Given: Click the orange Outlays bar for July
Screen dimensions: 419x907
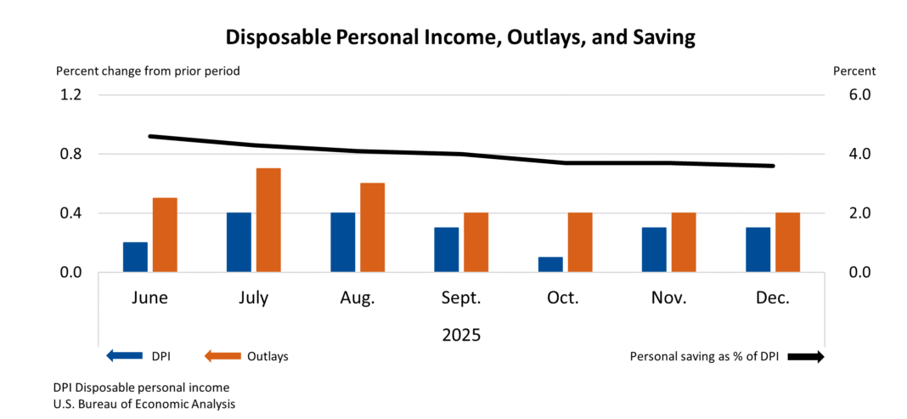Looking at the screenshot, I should (x=268, y=220).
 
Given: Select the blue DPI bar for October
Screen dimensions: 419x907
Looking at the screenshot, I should (x=550, y=264).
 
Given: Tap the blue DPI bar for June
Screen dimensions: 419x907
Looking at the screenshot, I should (x=135, y=257).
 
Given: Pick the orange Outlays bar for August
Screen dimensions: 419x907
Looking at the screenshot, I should (x=372, y=227).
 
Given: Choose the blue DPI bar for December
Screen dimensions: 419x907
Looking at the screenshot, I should (x=758, y=249).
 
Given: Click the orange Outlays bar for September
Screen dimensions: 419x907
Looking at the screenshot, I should (x=476, y=242).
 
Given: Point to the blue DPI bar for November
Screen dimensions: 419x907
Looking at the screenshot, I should (x=654, y=249).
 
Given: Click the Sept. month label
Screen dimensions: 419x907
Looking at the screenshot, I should (x=461, y=298).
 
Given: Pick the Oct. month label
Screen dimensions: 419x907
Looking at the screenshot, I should (x=563, y=298).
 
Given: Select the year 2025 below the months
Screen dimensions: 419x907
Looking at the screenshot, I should (x=461, y=335).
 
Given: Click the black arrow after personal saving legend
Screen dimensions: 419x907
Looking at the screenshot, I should (x=806, y=357).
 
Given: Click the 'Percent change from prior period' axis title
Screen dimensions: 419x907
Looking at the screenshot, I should (x=148, y=71).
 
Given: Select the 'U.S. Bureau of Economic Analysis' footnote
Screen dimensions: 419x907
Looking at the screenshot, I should (x=144, y=404).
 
